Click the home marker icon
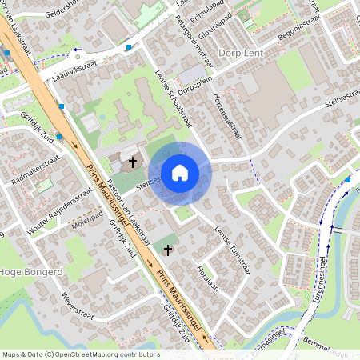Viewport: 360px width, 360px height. (180, 173)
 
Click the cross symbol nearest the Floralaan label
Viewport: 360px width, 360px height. (168, 250)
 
